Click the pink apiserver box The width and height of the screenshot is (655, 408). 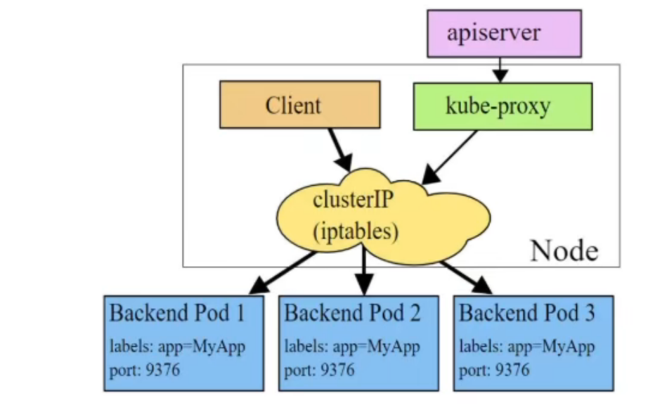pyautogui.click(x=504, y=33)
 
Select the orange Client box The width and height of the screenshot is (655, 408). pyautogui.click(x=299, y=105)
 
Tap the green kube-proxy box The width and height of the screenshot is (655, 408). pyautogui.click(x=502, y=106)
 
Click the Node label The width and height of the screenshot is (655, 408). pyautogui.click(x=564, y=250)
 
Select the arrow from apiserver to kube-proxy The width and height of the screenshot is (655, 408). pyautogui.click(x=500, y=70)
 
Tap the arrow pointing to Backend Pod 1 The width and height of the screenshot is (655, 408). pyautogui.click(x=281, y=273)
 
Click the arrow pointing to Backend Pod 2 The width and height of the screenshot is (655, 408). pyautogui.click(x=363, y=271)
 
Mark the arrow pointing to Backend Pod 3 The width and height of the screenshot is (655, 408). pyautogui.click(x=467, y=276)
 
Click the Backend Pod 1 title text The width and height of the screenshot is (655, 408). pyautogui.click(x=177, y=313)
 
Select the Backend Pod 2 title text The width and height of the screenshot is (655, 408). pyautogui.click(x=352, y=313)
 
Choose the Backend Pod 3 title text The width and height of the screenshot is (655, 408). pyautogui.click(x=526, y=313)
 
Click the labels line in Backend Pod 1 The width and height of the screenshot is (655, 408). pyautogui.click(x=177, y=347)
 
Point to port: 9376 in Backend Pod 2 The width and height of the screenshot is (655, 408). pyautogui.click(x=319, y=369)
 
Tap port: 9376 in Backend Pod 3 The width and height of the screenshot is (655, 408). pyautogui.click(x=494, y=369)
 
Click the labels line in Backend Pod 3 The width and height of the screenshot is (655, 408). pyautogui.click(x=526, y=347)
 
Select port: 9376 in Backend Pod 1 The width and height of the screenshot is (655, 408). pyautogui.click(x=145, y=369)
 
